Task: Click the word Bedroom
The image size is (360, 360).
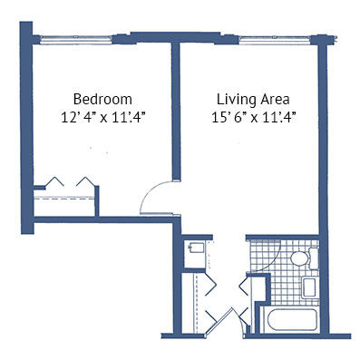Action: [x=102, y=99]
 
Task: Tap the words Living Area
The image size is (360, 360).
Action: [x=253, y=100]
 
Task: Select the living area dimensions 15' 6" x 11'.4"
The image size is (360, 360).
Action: [x=253, y=118]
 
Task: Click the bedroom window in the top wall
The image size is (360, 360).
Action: [x=75, y=40]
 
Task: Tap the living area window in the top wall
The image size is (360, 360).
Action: [x=275, y=40]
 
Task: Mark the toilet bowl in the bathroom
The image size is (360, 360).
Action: [x=299, y=258]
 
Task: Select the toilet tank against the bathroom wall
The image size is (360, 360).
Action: [x=314, y=258]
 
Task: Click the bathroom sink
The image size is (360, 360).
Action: [x=310, y=287]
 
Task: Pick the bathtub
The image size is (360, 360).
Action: [x=292, y=319]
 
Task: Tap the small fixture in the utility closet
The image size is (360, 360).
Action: [x=196, y=248]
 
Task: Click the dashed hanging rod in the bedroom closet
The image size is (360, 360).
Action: [x=64, y=199]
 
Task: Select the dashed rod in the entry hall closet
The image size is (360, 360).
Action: [x=196, y=303]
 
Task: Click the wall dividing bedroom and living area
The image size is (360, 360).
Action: [x=176, y=112]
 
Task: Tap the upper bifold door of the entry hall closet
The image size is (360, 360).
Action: [x=210, y=284]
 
